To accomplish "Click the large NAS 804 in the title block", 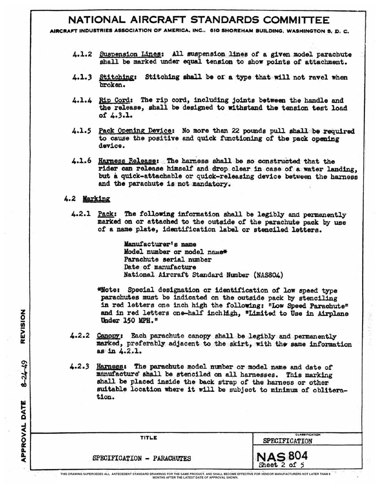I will point(282,455).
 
